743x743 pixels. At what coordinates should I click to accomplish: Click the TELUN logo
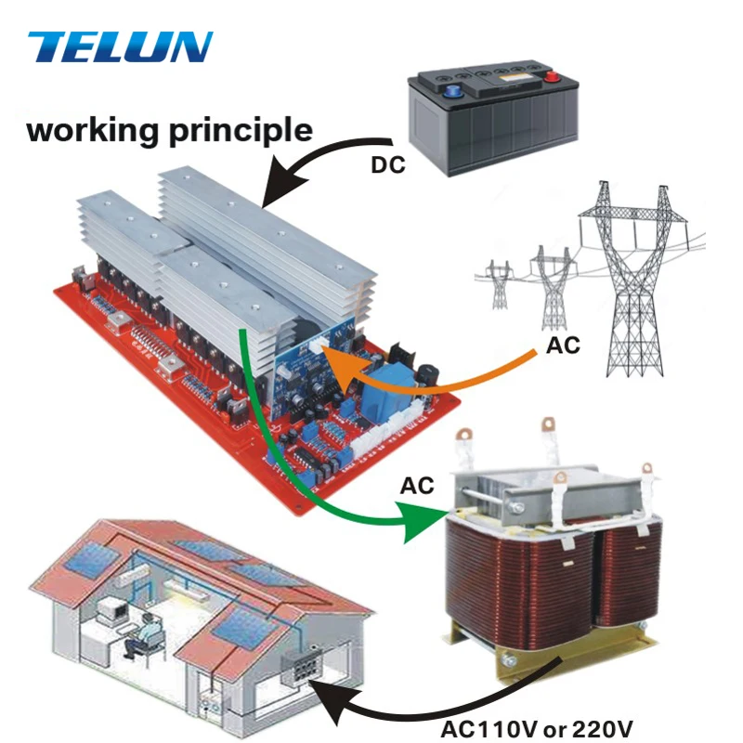click(x=121, y=46)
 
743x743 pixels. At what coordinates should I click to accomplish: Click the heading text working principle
click(x=169, y=129)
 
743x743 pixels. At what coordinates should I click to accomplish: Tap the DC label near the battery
click(x=388, y=168)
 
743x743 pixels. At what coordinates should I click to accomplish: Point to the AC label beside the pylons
click(x=562, y=345)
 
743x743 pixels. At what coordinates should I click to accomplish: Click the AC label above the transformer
click(x=419, y=486)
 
